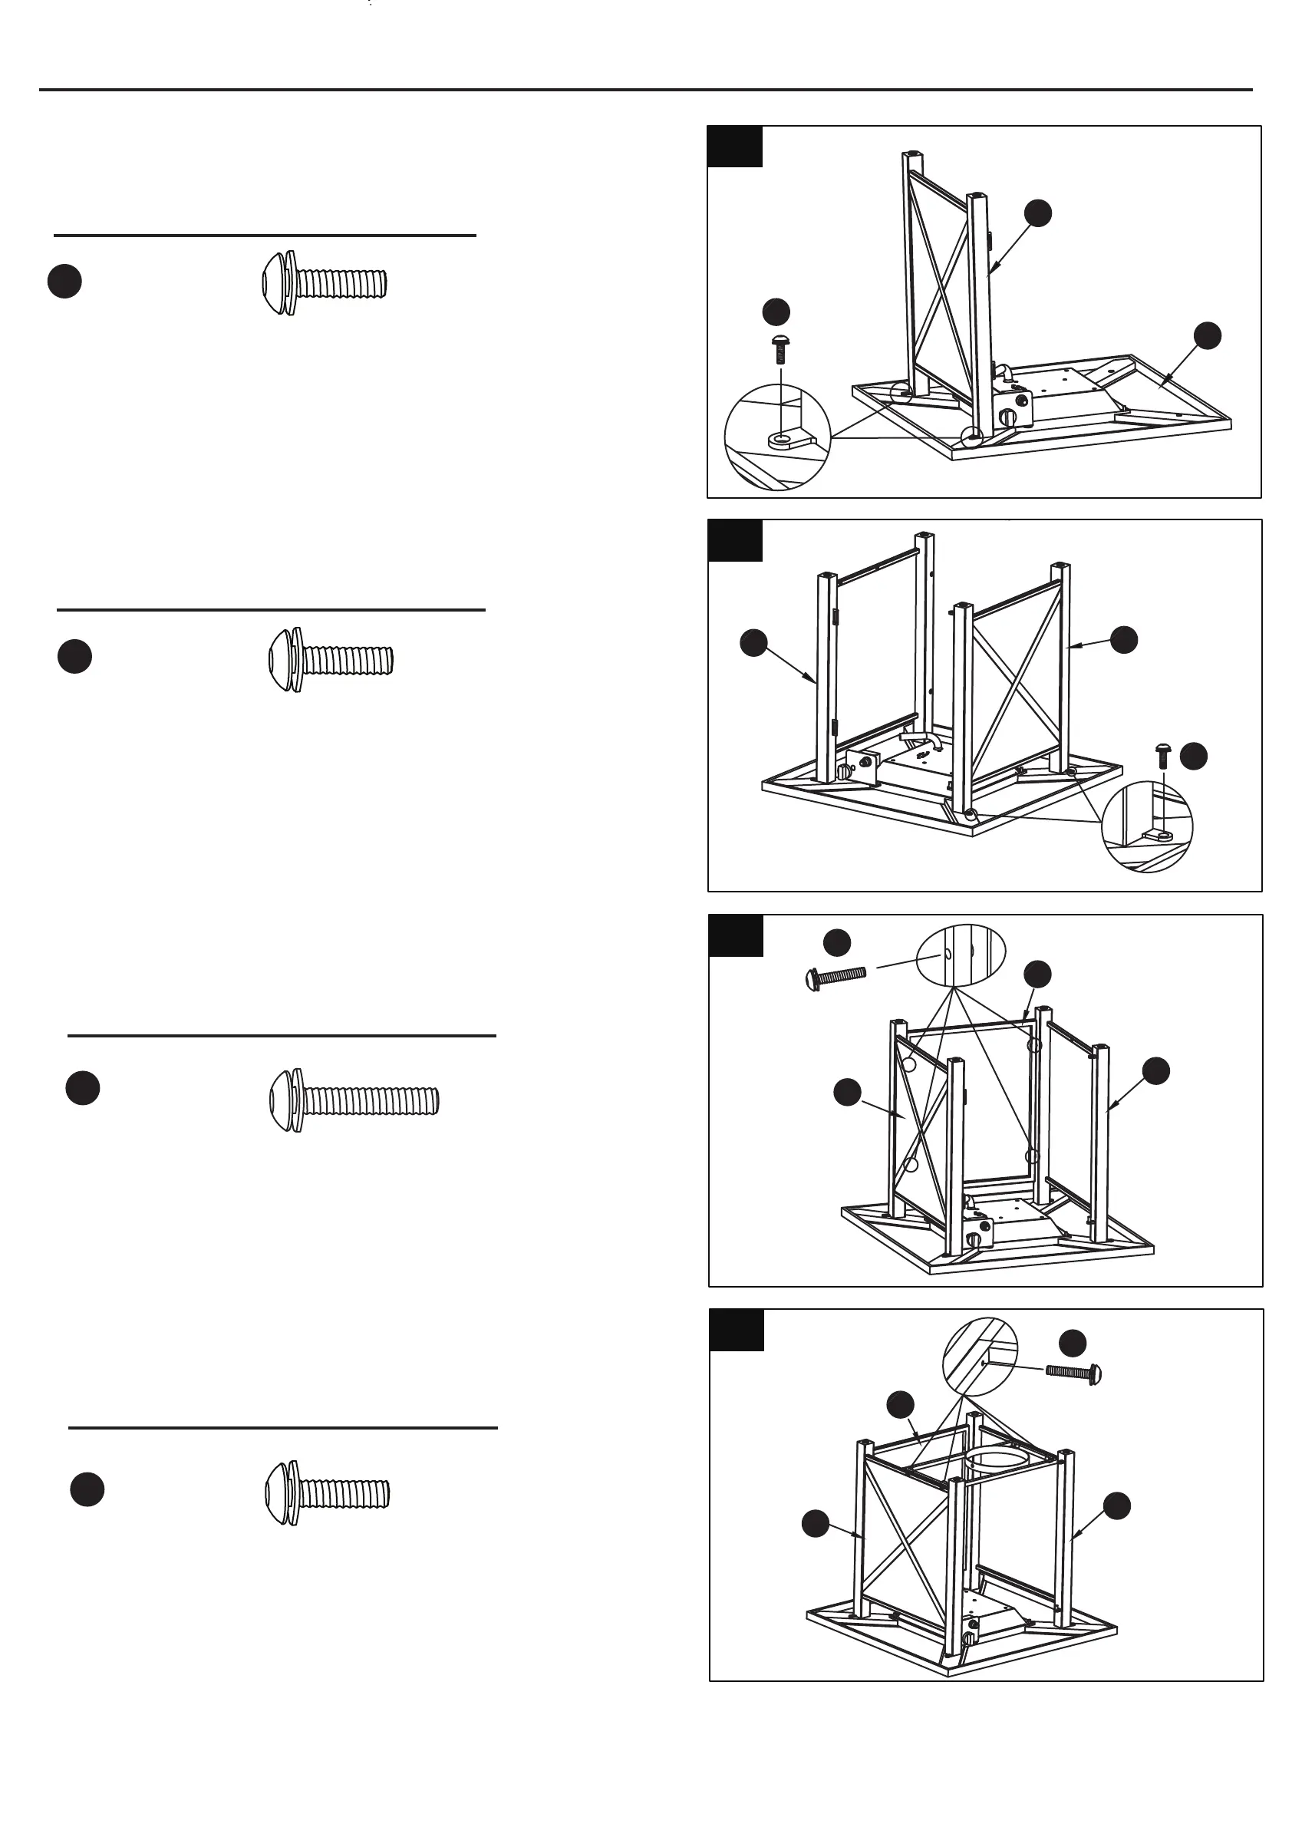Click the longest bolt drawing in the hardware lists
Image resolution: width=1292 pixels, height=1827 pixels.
click(354, 1100)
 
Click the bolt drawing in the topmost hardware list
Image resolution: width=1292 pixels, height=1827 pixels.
click(325, 283)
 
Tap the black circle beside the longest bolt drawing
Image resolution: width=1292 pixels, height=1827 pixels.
click(83, 1089)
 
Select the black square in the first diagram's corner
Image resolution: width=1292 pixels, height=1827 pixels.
click(734, 147)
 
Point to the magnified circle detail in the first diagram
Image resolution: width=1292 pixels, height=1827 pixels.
click(776, 437)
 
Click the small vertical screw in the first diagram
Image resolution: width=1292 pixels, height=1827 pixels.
click(780, 350)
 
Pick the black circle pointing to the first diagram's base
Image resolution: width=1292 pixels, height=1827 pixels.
click(1207, 335)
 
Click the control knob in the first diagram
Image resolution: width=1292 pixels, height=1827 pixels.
click(1009, 414)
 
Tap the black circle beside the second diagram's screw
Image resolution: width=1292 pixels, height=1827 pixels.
click(1193, 756)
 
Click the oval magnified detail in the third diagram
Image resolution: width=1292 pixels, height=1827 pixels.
click(961, 953)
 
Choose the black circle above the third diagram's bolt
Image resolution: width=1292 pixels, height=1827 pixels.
click(837, 943)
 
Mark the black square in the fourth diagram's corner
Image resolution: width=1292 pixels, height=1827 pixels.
click(736, 1331)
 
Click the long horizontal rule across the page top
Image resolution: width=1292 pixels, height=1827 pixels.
click(645, 90)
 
